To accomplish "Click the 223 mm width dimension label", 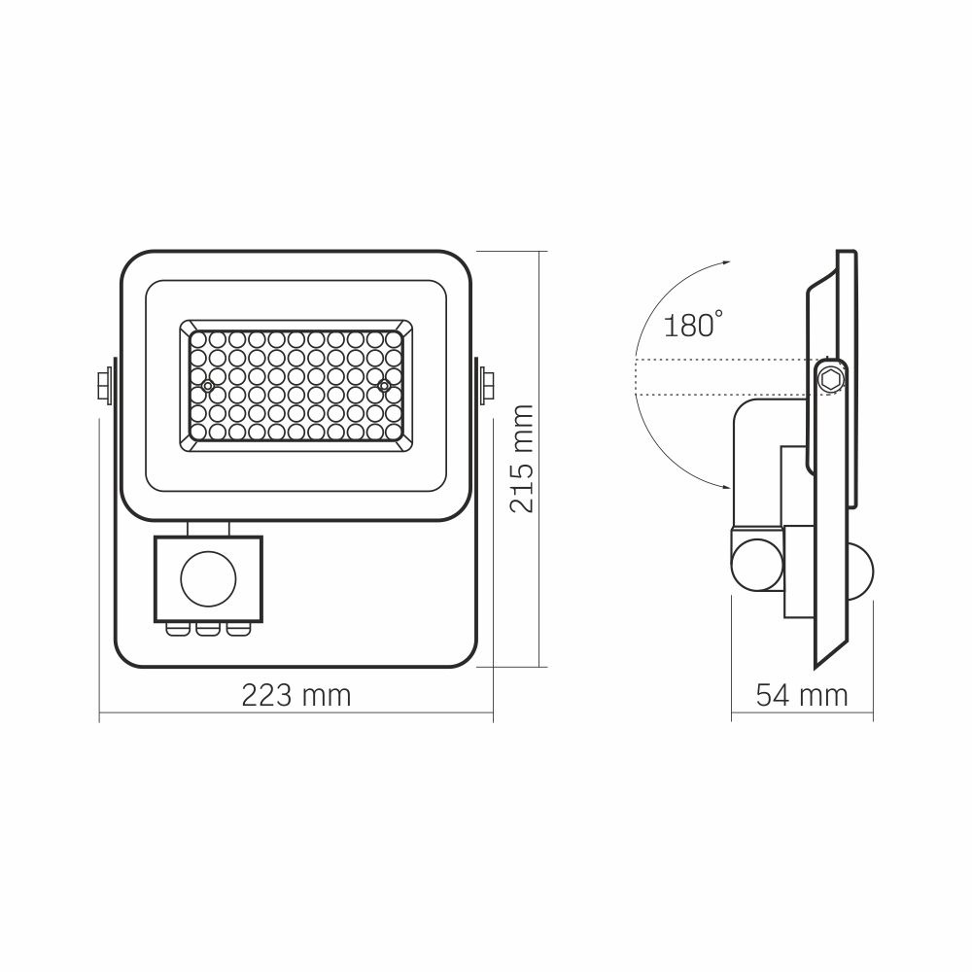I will [x=295, y=696].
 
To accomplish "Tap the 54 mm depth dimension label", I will [x=801, y=696].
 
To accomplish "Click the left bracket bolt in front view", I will [x=103, y=385].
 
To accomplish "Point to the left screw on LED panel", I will [x=207, y=386].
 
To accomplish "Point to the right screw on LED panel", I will [x=385, y=386].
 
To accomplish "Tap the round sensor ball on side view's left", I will [x=754, y=563].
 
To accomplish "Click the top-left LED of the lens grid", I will [x=196, y=339].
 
